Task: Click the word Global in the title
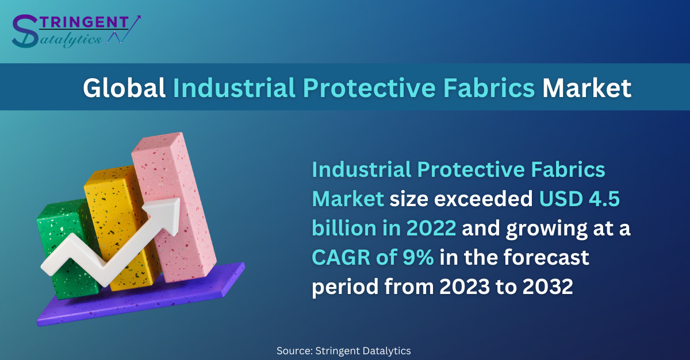[124, 88]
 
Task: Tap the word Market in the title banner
[586, 88]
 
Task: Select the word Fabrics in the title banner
[489, 88]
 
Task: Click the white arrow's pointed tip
[179, 199]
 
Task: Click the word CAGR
[341, 257]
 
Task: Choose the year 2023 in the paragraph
[464, 287]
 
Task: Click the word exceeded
[484, 199]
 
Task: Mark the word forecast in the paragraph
[546, 257]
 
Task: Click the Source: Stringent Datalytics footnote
[343, 351]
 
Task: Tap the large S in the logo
[25, 31]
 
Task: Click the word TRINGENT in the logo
[83, 22]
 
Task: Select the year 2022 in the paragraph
[431, 228]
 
